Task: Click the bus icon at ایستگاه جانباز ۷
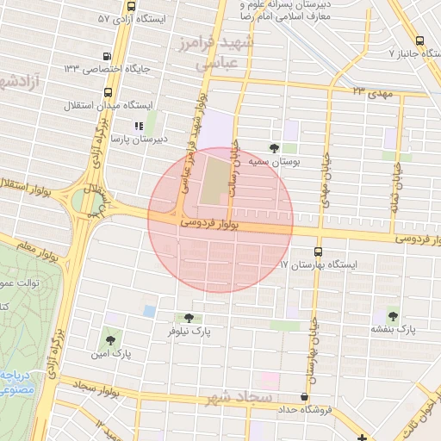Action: (419, 40)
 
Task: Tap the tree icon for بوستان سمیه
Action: (275, 147)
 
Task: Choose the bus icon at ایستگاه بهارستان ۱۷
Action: (319, 252)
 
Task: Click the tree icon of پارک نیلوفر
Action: (189, 318)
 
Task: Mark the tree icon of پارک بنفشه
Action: (394, 316)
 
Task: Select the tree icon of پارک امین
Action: (109, 339)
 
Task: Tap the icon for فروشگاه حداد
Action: (303, 397)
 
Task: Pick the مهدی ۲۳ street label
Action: (372, 90)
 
